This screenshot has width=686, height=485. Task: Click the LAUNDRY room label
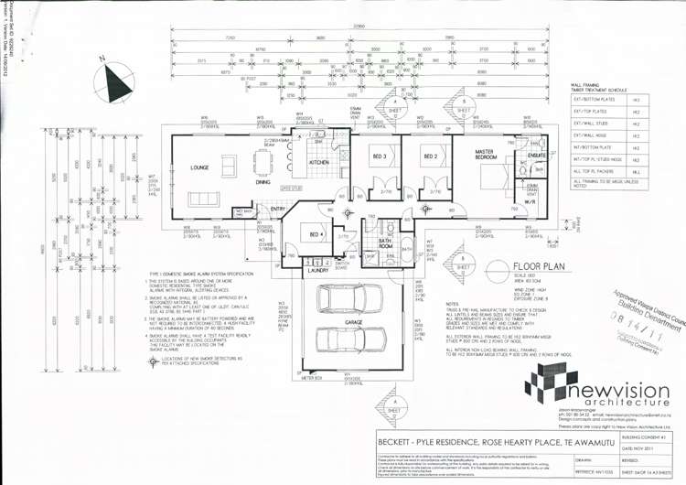pos(318,272)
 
